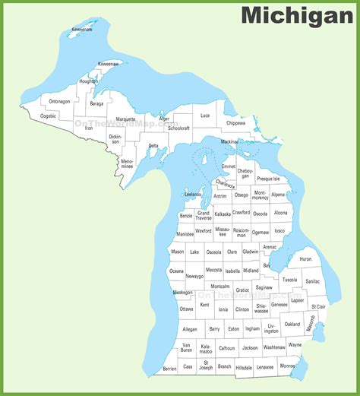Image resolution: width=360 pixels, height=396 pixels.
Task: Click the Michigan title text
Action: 296,14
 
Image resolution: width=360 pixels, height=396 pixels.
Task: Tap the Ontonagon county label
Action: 60,101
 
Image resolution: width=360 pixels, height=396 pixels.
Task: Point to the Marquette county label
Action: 126,119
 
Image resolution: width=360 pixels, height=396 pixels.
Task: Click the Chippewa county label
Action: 235,122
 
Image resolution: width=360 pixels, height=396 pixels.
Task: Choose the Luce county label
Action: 205,116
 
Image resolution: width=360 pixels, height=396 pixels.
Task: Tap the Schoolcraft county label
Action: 178,128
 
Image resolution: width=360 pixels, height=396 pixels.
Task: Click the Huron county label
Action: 305,259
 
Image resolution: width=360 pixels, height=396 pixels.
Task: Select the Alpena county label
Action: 278,195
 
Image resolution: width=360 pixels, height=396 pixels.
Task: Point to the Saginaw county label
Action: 264,288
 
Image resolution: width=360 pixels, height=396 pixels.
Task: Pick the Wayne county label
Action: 295,344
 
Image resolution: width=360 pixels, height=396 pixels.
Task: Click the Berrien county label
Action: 169,369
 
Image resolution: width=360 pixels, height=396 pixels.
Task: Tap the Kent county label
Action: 204,305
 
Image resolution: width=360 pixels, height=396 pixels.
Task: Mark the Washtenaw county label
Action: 274,347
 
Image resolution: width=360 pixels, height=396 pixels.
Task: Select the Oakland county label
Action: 292,324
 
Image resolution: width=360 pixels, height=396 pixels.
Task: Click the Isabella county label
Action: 232,271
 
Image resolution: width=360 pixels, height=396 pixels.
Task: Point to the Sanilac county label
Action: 313,281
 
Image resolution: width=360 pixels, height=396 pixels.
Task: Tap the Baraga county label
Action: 96,103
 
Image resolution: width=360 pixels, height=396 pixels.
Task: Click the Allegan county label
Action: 190,329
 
